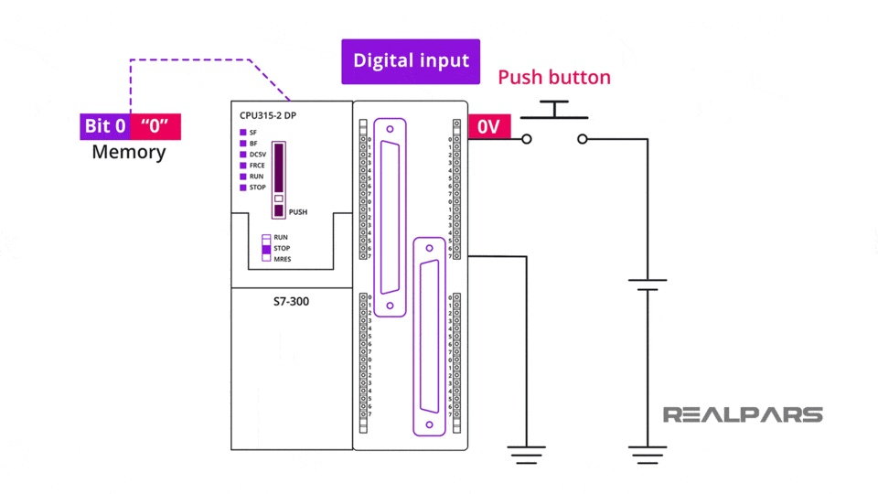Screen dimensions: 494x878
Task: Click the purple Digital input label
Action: coord(411,61)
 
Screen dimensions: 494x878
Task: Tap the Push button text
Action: coord(553,78)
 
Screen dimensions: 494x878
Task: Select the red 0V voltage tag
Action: coord(488,127)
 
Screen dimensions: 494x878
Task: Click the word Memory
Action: coord(129,152)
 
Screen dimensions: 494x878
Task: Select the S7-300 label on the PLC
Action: coord(292,300)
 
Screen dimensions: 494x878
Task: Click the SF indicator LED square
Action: coord(243,133)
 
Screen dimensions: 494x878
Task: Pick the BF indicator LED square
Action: coord(243,144)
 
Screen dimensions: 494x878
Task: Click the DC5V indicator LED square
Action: coord(243,155)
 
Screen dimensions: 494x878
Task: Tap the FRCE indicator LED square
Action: coord(243,166)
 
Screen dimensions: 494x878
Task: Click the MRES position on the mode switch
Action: coord(267,259)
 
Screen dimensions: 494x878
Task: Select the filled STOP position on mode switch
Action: coord(267,248)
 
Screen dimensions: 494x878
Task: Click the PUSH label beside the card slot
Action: coord(297,212)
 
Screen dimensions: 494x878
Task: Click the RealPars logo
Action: coord(742,414)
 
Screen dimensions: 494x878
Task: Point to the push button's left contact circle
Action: coord(526,139)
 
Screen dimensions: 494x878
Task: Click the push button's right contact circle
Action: coord(583,139)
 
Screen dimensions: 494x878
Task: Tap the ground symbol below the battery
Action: coord(647,454)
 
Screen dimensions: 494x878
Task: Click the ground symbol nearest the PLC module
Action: coord(527,454)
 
